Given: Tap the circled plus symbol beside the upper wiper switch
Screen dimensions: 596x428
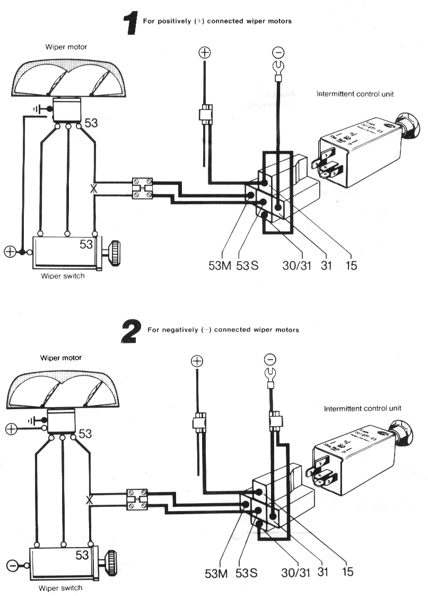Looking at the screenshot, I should click(10, 252).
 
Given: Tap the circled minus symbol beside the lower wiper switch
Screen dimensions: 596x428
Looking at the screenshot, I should click(11, 564).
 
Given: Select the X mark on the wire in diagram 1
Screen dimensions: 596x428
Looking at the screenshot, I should click(94, 188).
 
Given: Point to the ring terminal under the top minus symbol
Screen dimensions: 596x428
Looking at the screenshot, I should click(277, 67).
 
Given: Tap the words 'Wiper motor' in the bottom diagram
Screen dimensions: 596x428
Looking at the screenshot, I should click(63, 357).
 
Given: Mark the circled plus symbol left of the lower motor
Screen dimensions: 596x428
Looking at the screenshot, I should click(10, 428).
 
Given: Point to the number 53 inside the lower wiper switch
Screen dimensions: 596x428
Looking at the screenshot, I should click(82, 555).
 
